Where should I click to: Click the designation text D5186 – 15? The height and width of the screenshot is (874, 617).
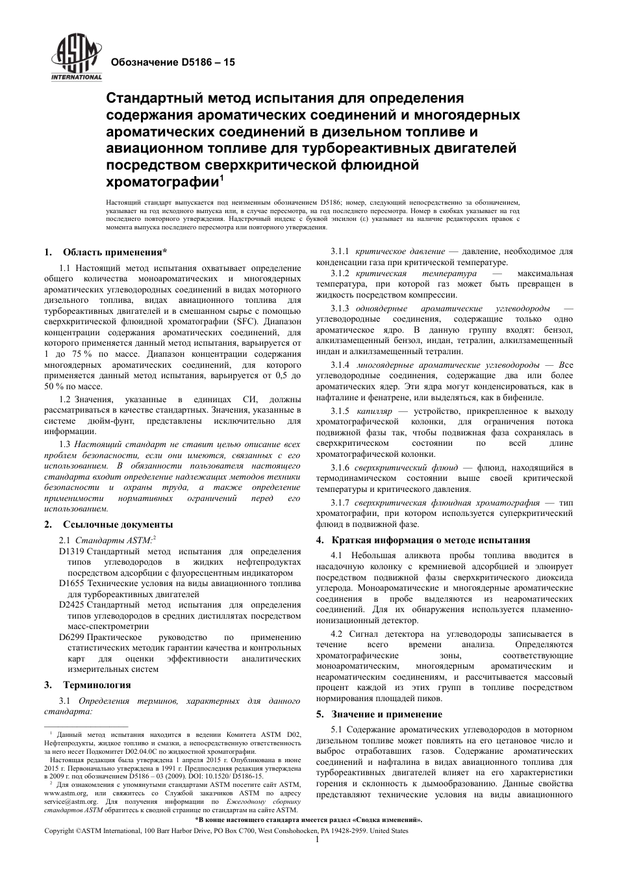pos(173,62)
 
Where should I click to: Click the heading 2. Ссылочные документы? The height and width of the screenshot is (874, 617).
pos(108,524)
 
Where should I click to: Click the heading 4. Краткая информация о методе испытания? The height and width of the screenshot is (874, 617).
pos(423,540)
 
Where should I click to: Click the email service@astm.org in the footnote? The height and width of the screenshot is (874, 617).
pos(71,802)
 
